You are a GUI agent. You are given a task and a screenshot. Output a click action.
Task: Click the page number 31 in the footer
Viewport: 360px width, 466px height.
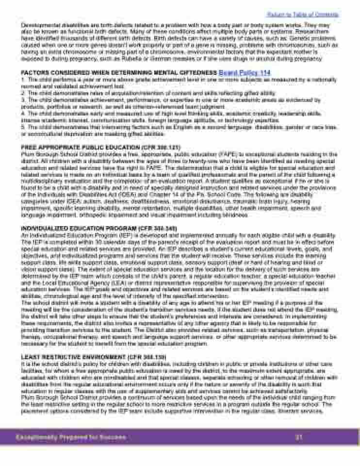pos(299,437)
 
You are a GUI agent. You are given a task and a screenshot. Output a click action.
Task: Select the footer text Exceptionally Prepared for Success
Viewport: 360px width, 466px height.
pos(71,437)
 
